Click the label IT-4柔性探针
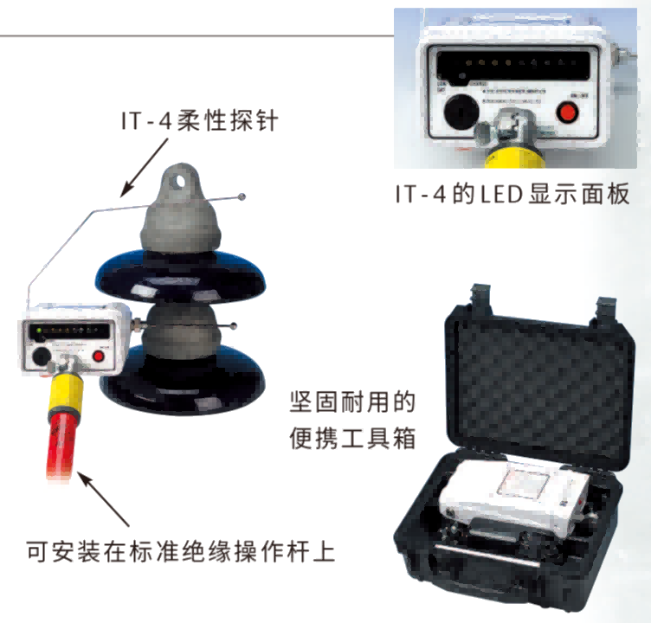[199, 121]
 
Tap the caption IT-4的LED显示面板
[512, 194]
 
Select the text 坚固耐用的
[352, 401]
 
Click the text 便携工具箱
[352, 439]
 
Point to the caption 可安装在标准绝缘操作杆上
[181, 551]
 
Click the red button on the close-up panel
[567, 112]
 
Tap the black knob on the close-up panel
[461, 112]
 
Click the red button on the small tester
[99, 356]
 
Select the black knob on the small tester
[42, 356]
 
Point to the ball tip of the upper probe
[242, 196]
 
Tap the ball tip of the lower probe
[234, 326]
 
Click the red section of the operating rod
[61, 446]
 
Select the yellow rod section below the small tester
[66, 392]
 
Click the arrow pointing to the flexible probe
[145, 167]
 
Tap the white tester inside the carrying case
[514, 497]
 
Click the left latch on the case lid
[481, 298]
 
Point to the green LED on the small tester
[39, 331]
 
